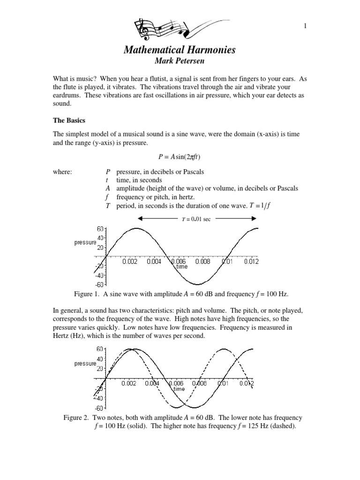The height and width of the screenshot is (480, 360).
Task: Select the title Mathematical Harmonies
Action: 180,50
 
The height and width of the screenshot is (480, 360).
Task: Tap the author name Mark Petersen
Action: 180,61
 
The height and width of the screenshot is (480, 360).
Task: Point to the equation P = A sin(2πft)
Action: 180,157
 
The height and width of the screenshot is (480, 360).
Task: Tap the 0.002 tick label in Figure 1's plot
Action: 130,262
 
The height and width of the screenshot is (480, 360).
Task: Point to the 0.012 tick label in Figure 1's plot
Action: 251,262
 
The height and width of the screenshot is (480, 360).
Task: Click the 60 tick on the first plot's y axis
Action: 100,229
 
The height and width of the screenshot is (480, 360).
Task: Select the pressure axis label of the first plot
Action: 85,242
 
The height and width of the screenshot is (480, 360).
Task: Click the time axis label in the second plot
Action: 180,389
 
